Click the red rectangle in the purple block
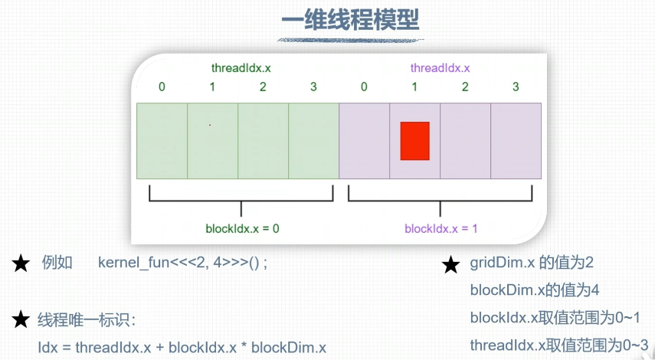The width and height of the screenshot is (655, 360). pyautogui.click(x=414, y=141)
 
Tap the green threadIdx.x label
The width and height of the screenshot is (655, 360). pyautogui.click(x=241, y=68)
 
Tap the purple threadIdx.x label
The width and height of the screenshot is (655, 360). pyautogui.click(x=440, y=68)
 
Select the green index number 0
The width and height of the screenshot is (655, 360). pyautogui.click(x=162, y=87)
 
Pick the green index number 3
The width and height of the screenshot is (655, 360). pyautogui.click(x=313, y=87)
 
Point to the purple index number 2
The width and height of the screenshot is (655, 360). pyautogui.click(x=465, y=87)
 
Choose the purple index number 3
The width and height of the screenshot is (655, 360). pyautogui.click(x=516, y=87)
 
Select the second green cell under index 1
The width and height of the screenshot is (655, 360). pyautogui.click(x=212, y=141)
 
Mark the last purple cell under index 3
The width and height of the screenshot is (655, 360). pyautogui.click(x=516, y=141)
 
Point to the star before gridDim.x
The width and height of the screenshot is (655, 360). pyautogui.click(x=450, y=265)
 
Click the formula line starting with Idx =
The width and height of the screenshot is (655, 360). pyautogui.click(x=182, y=347)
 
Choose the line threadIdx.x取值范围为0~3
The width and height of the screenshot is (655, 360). pyautogui.click(x=560, y=344)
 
